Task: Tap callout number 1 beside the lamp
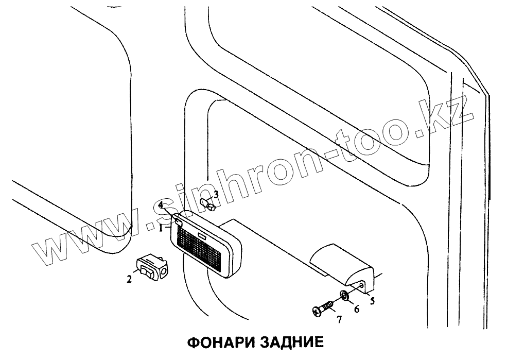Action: click(161, 227)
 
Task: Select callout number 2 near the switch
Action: click(129, 280)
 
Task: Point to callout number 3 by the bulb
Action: click(216, 195)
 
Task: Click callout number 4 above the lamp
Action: click(161, 205)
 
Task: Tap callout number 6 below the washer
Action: click(356, 310)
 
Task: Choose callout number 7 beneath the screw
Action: click(339, 320)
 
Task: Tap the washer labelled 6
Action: click(343, 296)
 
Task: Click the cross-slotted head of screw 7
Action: click(317, 311)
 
